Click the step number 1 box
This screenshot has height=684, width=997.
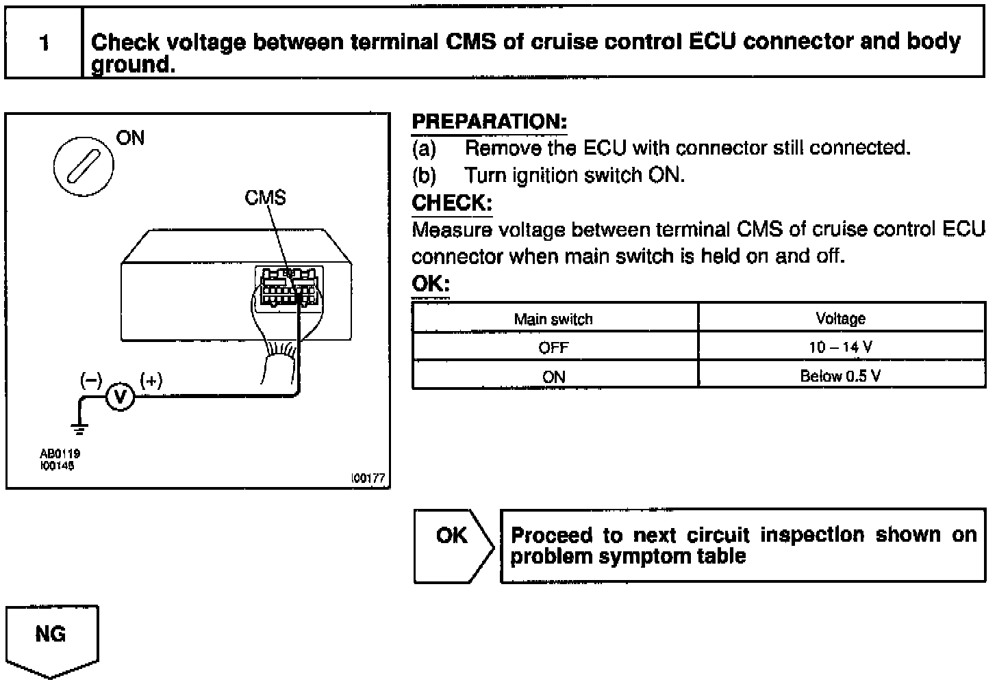tap(44, 43)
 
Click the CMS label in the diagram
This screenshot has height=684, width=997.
tap(265, 198)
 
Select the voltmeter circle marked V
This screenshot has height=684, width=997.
tap(121, 397)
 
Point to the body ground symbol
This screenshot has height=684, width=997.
tap(79, 429)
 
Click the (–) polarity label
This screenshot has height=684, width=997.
tap(91, 380)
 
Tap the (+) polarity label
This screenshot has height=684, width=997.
tap(151, 380)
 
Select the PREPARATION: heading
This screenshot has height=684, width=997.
tap(489, 122)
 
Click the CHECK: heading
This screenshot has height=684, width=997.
tap(451, 203)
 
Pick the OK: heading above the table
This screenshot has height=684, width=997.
tap(430, 283)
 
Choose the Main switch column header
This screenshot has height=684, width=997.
tap(553, 319)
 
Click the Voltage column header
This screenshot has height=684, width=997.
tap(840, 319)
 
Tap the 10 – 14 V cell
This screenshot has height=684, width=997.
tap(840, 347)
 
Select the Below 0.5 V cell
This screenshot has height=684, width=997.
tap(840, 376)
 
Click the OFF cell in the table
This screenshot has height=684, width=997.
tap(553, 347)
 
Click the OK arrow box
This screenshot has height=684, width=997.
tap(453, 545)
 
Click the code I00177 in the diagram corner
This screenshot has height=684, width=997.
tap(368, 479)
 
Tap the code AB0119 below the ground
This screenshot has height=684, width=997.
tap(55, 453)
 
